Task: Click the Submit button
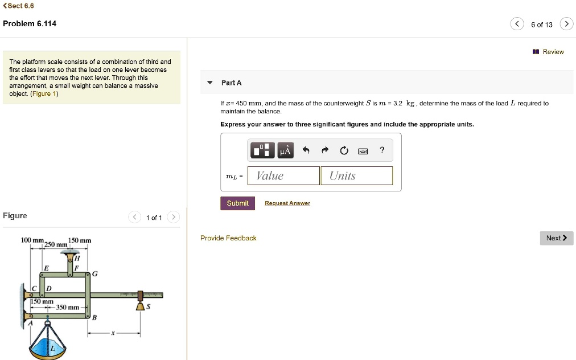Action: [x=237, y=203]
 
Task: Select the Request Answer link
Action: [x=287, y=203]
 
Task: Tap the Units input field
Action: [x=356, y=175]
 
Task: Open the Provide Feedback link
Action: [x=228, y=238]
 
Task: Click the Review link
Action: [x=549, y=52]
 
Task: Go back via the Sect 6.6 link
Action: [x=19, y=6]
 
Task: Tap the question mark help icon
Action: [x=382, y=150]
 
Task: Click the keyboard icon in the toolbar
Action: [x=363, y=151]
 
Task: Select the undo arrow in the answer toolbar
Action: [x=306, y=151]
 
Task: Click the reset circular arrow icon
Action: [x=344, y=151]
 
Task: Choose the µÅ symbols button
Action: [x=285, y=151]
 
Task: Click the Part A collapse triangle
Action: [x=209, y=83]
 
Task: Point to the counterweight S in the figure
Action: [x=141, y=306]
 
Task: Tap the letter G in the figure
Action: [x=94, y=274]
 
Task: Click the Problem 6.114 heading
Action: [x=30, y=23]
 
